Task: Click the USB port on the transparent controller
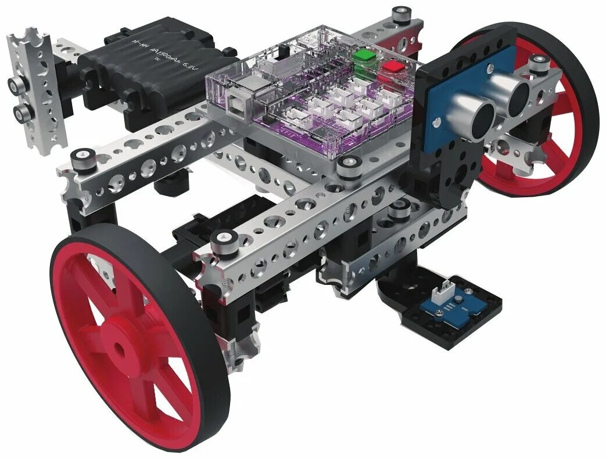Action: (x=239, y=93)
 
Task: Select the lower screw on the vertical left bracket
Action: (x=20, y=111)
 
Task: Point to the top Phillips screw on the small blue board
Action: (x=460, y=299)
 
